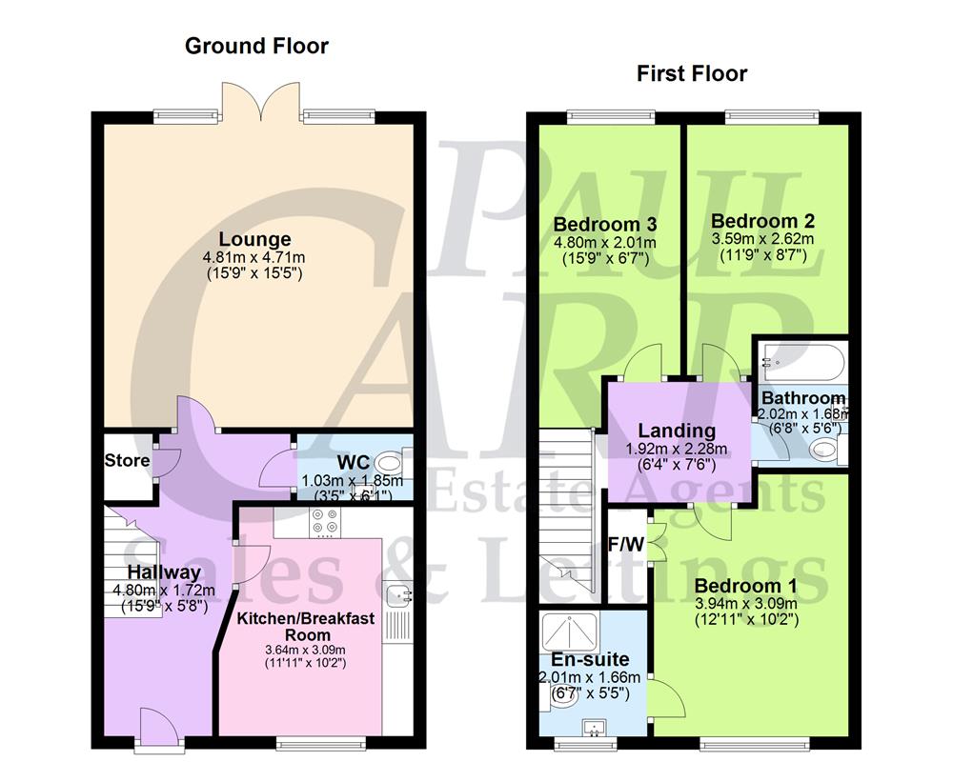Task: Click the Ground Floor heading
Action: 256,46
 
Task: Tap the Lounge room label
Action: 253,239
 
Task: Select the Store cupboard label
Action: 127,461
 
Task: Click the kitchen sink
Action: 398,595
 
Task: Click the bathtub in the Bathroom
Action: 801,362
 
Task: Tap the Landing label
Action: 677,431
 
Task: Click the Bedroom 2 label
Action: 759,220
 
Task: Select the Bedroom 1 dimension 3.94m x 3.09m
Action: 745,603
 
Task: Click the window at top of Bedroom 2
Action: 771,117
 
